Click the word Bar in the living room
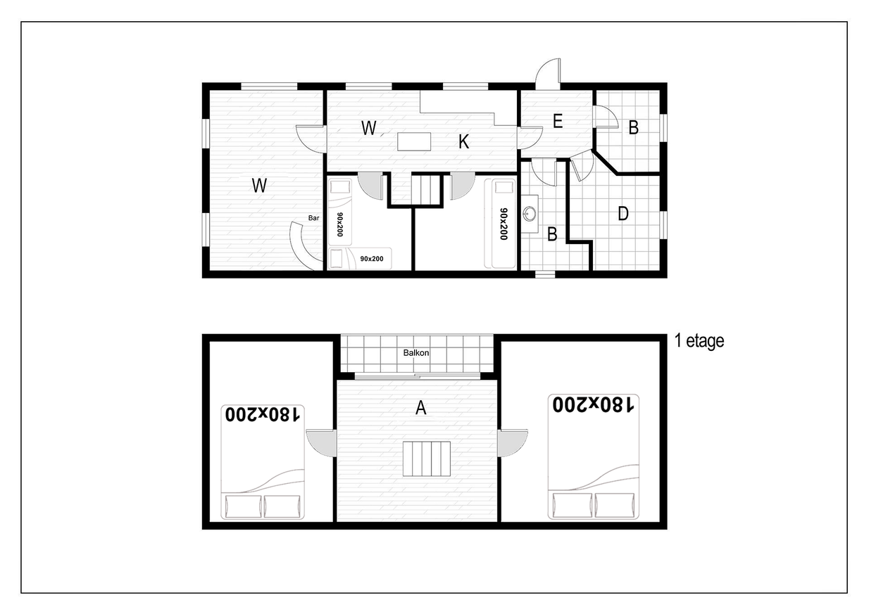313,218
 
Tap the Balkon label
416,353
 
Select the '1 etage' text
699,341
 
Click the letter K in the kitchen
463,142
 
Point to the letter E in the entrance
558,122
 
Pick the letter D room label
623,213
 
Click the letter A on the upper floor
421,407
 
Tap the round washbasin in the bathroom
530,213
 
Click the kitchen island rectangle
414,141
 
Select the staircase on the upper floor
426,459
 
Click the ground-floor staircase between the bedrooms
426,190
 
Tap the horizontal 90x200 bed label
372,259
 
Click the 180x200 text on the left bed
263,414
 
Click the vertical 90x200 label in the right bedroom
504,224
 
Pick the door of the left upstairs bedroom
322,443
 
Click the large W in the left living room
259,185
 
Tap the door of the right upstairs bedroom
513,443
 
